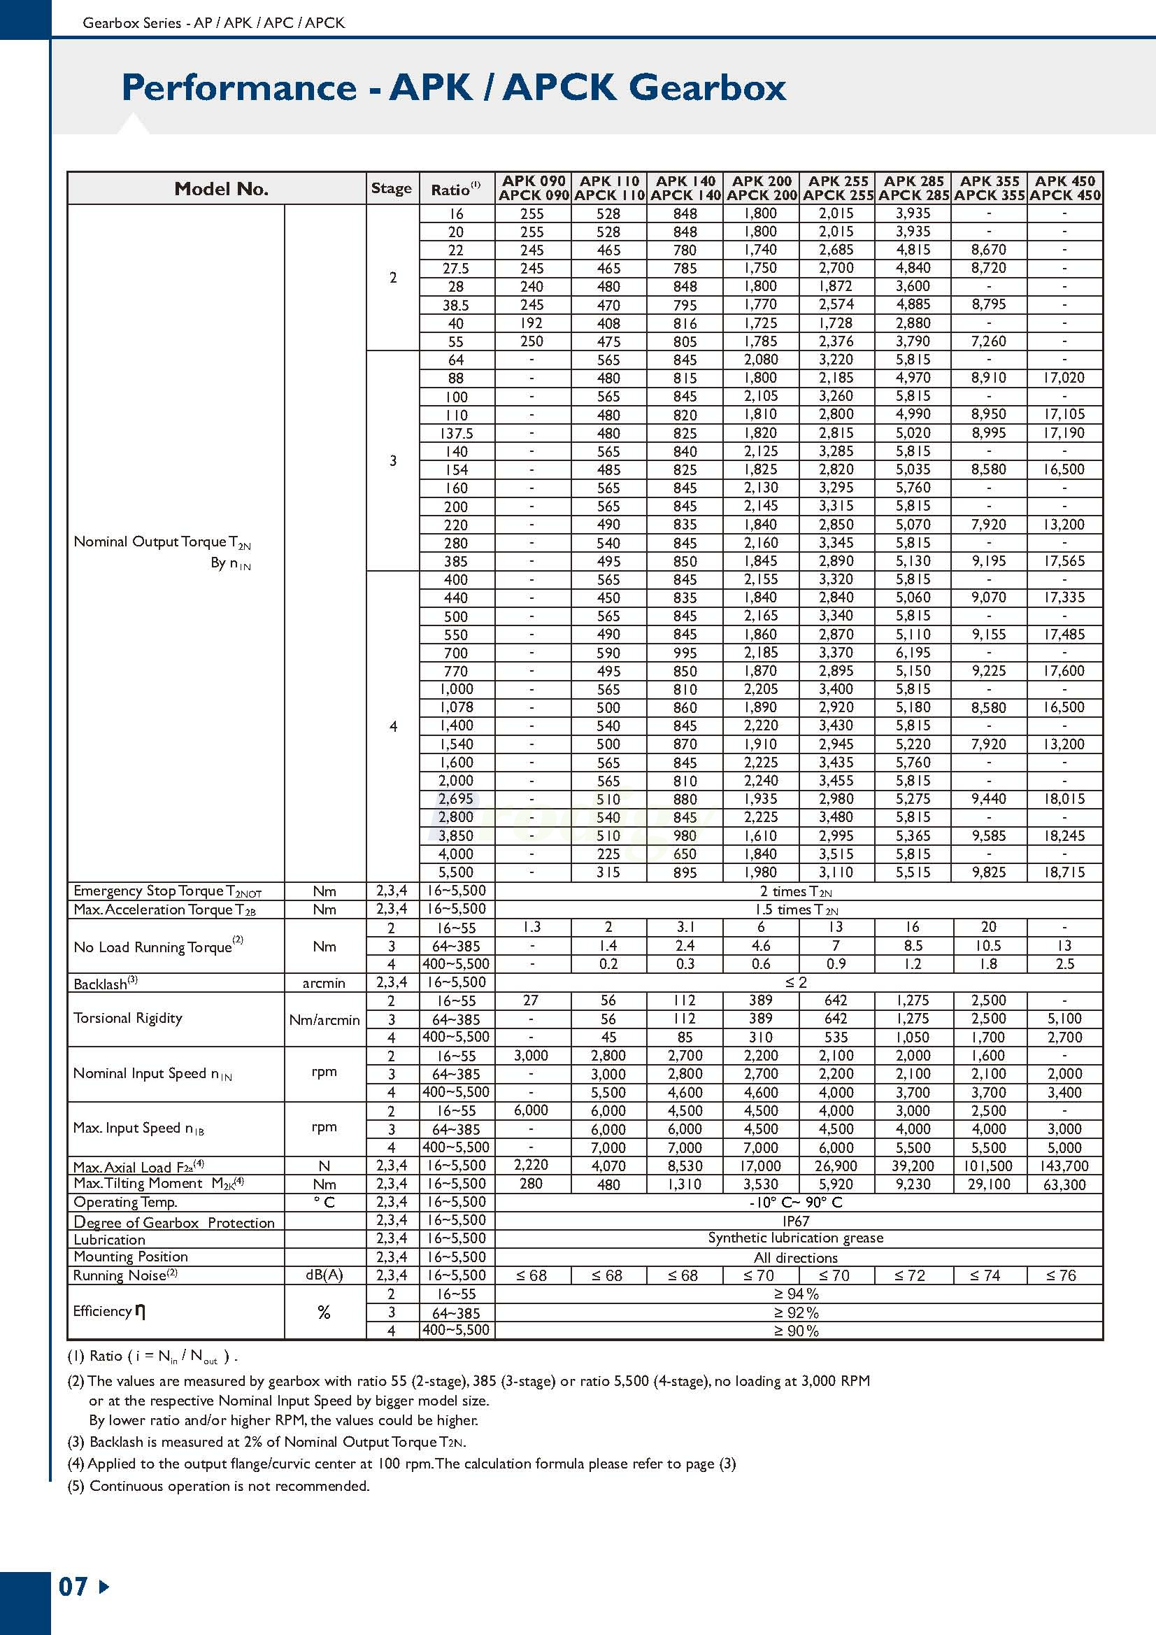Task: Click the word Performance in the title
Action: pos(238,87)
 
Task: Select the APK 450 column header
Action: pos(1064,188)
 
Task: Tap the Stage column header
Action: pos(392,188)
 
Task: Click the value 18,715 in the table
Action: pos(1064,872)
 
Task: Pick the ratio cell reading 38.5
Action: pos(455,305)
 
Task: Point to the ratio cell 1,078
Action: pos(455,707)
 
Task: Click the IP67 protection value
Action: pos(796,1221)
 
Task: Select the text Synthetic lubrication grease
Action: pos(796,1238)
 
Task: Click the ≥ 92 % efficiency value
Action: pos(796,1312)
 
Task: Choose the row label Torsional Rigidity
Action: pos(128,1019)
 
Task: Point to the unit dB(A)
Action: pos(324,1275)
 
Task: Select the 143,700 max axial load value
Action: pos(1064,1166)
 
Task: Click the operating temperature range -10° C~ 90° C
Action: pos(796,1202)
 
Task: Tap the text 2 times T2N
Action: pos(796,891)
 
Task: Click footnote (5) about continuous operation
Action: pos(218,1486)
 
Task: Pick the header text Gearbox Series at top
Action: pos(131,23)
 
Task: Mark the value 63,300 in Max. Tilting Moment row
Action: pos(1064,1184)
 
